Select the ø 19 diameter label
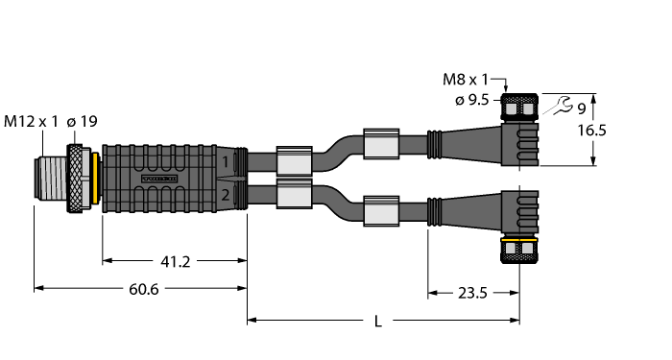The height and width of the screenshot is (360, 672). [x=88, y=121]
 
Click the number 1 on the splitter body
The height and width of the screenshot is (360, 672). [x=225, y=162]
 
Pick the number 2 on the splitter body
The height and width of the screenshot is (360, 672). [x=225, y=195]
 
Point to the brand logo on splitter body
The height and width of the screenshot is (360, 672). [x=160, y=179]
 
